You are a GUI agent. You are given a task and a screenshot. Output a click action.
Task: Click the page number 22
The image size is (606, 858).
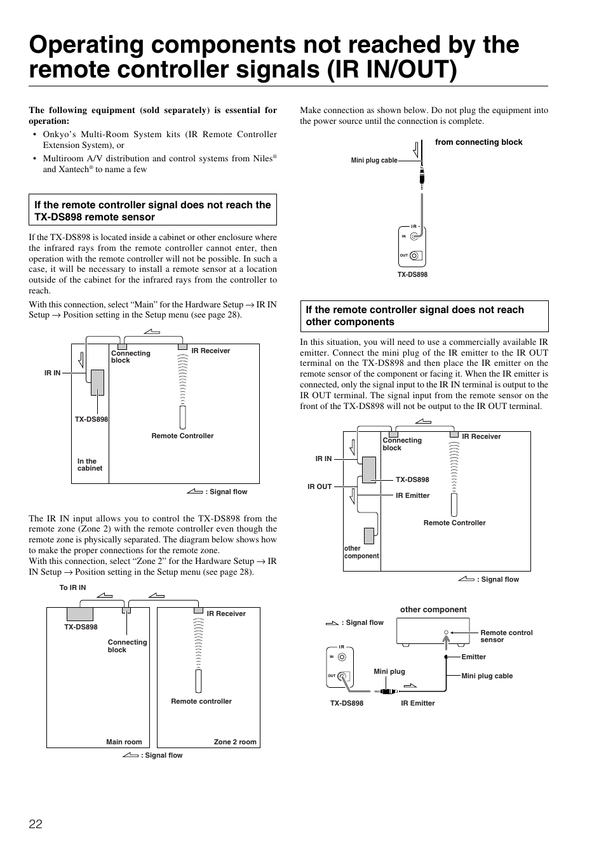36,824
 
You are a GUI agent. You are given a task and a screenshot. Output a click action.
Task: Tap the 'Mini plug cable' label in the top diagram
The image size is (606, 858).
374,161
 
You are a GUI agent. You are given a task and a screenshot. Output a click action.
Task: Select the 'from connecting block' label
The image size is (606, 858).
478,142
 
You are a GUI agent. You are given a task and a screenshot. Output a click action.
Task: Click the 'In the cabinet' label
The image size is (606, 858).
90,465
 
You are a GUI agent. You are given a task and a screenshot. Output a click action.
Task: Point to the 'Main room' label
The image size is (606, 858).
124,742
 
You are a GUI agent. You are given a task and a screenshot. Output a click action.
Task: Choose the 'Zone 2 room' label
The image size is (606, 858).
235,742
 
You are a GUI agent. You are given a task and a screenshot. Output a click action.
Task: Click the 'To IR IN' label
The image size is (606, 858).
72,588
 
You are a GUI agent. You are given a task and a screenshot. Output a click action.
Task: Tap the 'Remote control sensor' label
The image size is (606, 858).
506,636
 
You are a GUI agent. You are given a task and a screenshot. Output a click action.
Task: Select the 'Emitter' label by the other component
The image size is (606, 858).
473,657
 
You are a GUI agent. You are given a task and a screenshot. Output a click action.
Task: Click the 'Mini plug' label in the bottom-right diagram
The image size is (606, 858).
389,671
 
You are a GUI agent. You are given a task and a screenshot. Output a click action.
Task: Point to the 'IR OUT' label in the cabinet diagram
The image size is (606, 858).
320,486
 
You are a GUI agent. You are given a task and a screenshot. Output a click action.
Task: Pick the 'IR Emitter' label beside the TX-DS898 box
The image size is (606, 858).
412,495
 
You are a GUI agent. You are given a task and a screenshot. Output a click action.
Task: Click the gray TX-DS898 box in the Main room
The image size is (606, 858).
80,614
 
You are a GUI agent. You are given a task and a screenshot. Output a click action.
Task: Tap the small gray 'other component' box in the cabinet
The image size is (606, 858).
369,536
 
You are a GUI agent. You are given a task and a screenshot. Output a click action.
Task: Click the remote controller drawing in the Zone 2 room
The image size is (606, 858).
199,681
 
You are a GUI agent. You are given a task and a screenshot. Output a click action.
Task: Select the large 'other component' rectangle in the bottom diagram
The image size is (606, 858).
433,631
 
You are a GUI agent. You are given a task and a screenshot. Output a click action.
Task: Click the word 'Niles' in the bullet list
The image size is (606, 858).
262,159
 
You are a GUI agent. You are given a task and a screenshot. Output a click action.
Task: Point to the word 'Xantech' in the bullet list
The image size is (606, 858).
72,170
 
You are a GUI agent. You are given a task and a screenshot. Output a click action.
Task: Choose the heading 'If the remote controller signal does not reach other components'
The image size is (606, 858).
415,316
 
